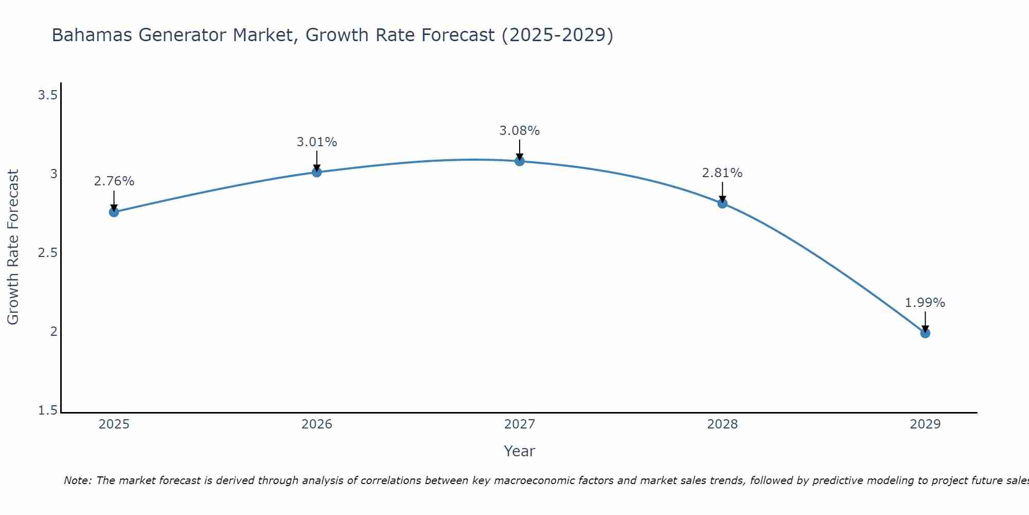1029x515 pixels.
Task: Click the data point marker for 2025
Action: click(114, 212)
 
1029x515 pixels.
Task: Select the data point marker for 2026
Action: click(317, 172)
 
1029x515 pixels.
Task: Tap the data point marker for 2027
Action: click(520, 161)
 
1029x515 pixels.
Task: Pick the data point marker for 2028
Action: click(722, 203)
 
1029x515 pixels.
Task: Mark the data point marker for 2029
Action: click(925, 333)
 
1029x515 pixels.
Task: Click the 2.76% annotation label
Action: click(114, 181)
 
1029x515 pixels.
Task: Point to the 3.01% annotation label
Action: click(317, 142)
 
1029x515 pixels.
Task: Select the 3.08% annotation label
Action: click(520, 131)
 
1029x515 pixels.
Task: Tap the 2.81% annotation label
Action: click(722, 173)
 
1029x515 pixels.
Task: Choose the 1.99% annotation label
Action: click(925, 303)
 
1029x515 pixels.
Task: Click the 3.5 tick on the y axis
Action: click(47, 95)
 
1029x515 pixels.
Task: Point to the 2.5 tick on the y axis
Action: click(47, 253)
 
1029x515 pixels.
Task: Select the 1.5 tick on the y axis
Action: click(47, 410)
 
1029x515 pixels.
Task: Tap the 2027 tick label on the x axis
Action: click(520, 424)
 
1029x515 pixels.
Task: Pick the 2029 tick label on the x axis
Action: click(925, 424)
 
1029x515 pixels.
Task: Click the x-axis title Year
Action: click(520, 451)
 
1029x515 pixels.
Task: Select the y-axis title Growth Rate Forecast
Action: click(13, 247)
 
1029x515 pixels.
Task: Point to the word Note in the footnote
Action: click(77, 480)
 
